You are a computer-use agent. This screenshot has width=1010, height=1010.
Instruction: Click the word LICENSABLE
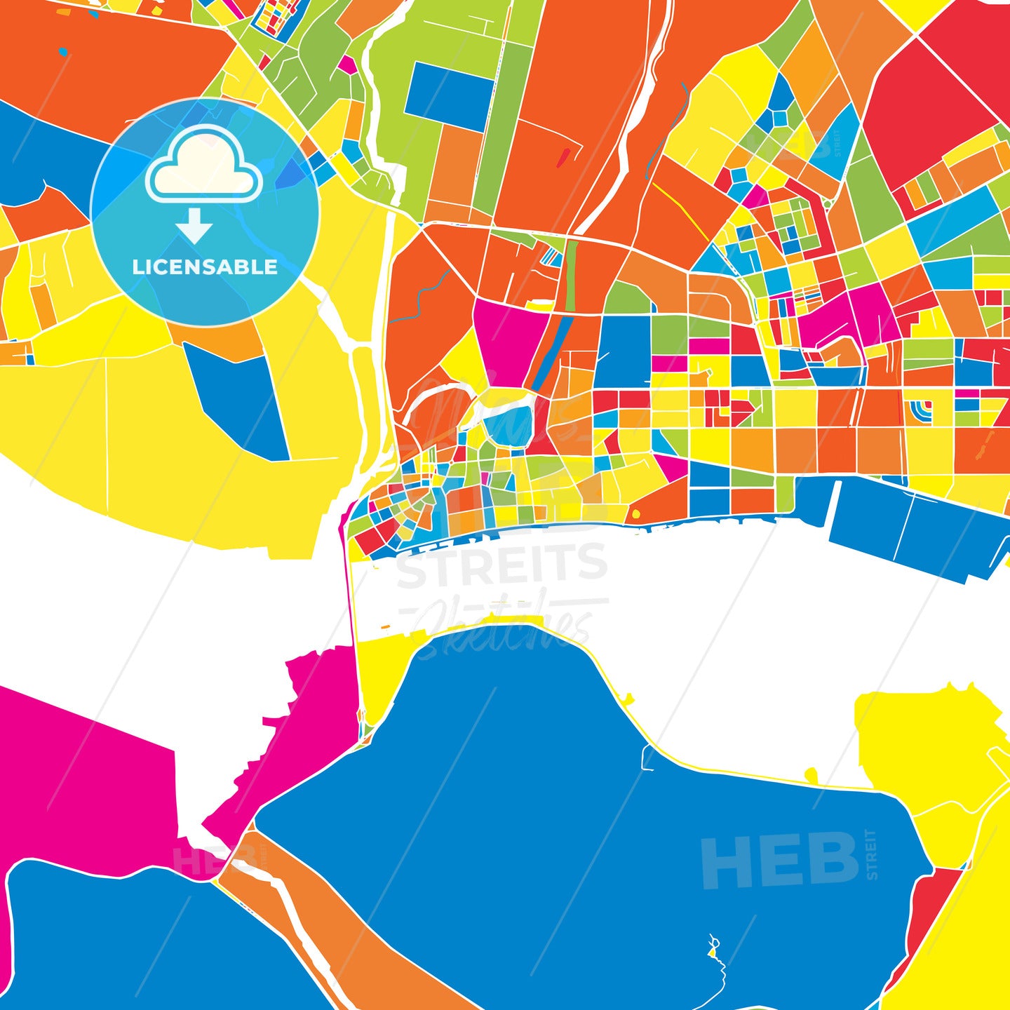coord(205,267)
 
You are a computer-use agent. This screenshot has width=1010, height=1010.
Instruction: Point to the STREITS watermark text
coord(502,566)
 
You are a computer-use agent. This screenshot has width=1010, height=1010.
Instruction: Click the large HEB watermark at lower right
coord(780,861)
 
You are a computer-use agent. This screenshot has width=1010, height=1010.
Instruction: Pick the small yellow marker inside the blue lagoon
coord(713,952)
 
